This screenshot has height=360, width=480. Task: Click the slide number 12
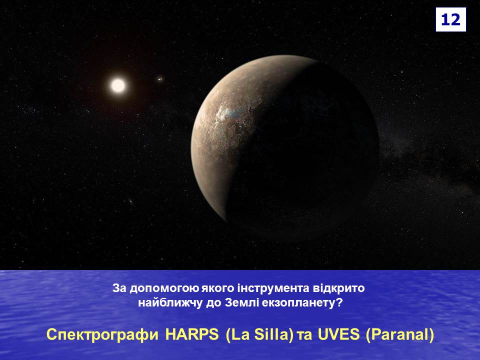[x=450, y=19]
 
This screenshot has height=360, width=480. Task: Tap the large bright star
[x=118, y=85]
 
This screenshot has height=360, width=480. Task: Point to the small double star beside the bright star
[x=159, y=79]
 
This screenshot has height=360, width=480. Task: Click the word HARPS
[x=191, y=334]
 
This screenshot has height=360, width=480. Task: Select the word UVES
[x=338, y=334]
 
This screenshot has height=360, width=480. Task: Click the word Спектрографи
[x=102, y=335]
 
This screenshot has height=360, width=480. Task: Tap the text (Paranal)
[x=400, y=335]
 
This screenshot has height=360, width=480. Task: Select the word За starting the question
[x=119, y=288]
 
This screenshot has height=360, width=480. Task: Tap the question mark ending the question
[x=338, y=303]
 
